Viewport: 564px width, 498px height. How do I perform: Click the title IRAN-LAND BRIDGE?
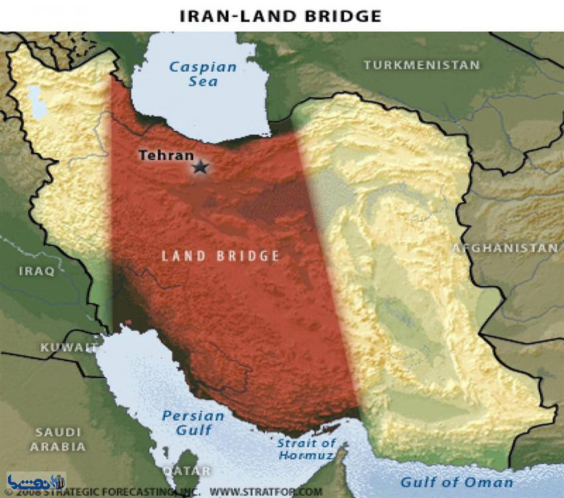[281, 16]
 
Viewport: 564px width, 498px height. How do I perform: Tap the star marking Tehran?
[200, 167]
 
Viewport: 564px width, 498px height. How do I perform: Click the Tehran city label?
[166, 155]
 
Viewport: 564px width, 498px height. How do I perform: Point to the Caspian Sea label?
[202, 74]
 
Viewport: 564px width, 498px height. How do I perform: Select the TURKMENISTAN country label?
[421, 65]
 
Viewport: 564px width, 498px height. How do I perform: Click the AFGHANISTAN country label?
[505, 248]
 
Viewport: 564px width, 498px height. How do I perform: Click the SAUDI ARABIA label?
[59, 440]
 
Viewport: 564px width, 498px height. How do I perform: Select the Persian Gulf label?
[193, 423]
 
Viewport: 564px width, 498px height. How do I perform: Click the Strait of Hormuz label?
[307, 450]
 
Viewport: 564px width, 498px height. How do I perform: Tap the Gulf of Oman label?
[457, 483]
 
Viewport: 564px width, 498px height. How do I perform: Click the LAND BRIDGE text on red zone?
[221, 256]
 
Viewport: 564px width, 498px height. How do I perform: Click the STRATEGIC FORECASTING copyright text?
[126, 492]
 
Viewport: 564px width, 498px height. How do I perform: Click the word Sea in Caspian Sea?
[202, 82]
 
